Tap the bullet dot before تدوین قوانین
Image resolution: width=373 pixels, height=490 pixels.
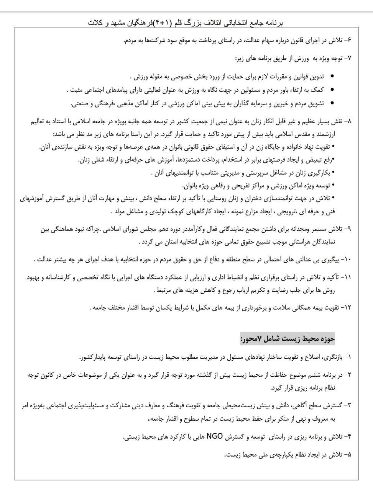pos(332,76)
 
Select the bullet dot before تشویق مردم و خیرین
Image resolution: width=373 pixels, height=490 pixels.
pos(332,103)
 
